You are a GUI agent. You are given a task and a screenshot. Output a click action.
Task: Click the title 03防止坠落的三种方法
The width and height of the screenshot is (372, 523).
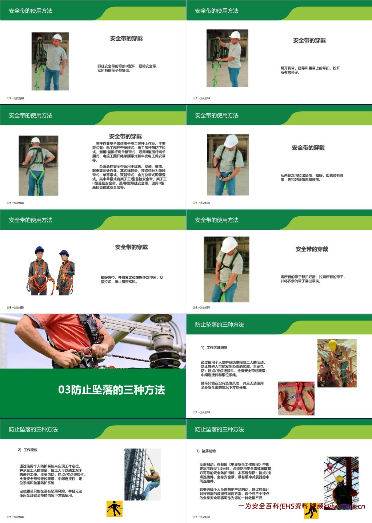pos(112,390)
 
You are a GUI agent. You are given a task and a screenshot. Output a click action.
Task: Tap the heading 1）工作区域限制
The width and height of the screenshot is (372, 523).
pos(214,348)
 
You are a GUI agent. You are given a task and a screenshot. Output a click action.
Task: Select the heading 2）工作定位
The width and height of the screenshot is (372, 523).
pos(28,450)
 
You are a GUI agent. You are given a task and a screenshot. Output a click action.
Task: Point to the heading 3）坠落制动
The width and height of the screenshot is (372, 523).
pos(206,451)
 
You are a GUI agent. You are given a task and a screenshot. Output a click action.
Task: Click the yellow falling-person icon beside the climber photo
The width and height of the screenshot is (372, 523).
pos(114,508)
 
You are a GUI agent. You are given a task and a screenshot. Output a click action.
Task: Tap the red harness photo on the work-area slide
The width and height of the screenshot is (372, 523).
pos(296,398)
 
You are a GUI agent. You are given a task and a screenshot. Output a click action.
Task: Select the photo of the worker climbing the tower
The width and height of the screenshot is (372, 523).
pos(143,474)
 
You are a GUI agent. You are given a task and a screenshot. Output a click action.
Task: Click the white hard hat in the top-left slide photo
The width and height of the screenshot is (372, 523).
pos(57,37)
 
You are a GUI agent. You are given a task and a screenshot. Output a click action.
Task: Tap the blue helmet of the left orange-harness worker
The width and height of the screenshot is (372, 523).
pos(39,250)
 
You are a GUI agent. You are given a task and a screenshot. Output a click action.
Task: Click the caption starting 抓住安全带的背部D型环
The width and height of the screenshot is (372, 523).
pos(127,68)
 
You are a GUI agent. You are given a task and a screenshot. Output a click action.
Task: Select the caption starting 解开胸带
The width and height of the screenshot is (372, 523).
pos(310,70)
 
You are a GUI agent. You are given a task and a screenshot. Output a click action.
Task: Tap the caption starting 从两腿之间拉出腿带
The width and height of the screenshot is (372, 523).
pos(312,177)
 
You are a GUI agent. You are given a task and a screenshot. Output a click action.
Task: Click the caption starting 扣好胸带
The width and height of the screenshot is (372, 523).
pos(132,279)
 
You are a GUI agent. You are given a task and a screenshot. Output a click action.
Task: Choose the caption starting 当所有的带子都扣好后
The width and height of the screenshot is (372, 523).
pos(312,279)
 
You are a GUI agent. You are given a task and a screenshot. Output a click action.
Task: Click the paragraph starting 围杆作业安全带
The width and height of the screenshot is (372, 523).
pos(129,152)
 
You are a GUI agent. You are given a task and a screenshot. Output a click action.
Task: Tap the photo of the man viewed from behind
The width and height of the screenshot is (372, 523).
pos(39,166)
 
